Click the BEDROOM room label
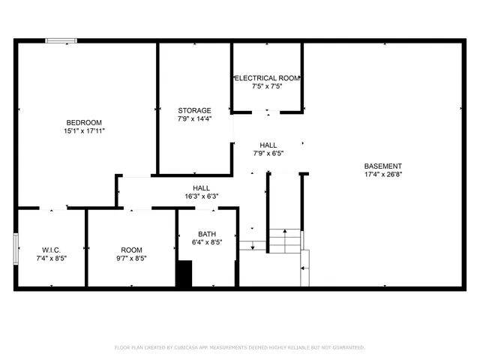pos(84,122)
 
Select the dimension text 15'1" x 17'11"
pos(84,130)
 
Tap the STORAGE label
pos(194,110)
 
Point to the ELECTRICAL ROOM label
pos(267,78)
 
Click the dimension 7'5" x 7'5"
pos(267,86)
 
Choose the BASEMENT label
pos(382,166)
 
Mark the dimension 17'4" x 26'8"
pos(382,175)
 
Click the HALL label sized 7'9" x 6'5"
pos(268,145)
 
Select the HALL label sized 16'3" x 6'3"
pos(201,188)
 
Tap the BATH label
pos(207,233)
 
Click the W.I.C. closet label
pos(51,250)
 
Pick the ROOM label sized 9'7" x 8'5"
pos(131,250)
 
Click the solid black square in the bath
pos(184,274)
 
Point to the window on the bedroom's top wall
pos(61,40)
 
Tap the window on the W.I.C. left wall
pos(16,249)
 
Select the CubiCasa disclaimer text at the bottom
pos(239,347)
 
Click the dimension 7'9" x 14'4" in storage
pos(194,118)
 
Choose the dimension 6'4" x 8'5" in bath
pos(207,242)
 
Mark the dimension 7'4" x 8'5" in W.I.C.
pos(51,258)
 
